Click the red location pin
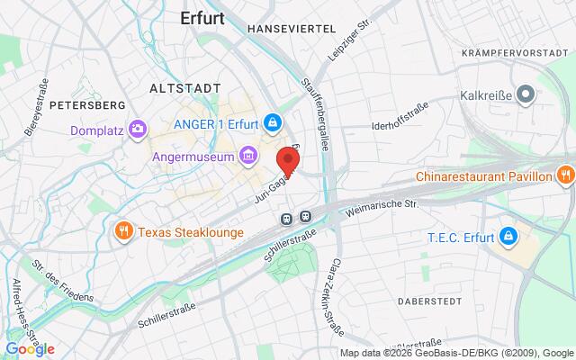click(288, 159)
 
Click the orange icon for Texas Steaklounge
click(123, 232)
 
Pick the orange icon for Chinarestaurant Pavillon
click(564, 174)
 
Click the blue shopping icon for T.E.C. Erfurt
click(508, 237)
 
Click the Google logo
click(30, 349)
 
